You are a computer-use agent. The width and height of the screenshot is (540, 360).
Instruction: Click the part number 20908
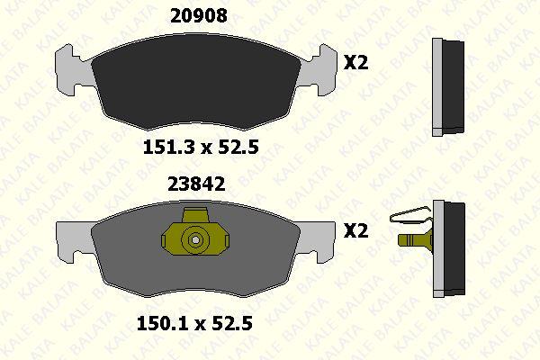[x=199, y=15]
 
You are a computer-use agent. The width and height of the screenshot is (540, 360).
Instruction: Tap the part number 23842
[x=196, y=184]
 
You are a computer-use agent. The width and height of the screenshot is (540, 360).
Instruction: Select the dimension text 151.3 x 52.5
[x=201, y=147]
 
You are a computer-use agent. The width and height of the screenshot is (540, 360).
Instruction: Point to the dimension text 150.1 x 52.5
[x=194, y=323]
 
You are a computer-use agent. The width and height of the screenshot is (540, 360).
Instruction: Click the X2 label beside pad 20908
[x=356, y=63]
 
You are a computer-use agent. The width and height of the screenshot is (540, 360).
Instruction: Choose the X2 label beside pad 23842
[x=356, y=230]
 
